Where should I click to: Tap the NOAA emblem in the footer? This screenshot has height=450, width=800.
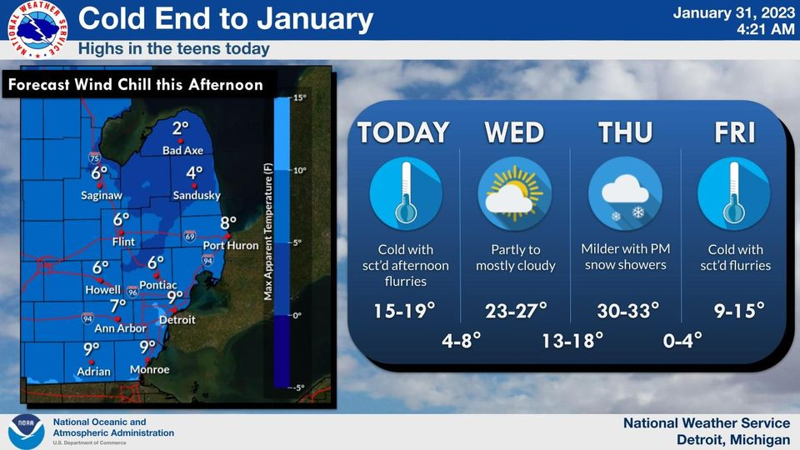25,432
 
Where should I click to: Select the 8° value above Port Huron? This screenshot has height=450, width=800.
228,223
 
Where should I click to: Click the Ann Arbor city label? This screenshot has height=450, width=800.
119,328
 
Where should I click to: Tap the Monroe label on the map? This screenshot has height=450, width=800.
150,370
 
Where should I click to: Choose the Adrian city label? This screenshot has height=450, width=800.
93,371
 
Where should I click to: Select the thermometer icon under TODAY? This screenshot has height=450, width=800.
406,194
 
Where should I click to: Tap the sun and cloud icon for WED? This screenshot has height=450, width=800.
515,194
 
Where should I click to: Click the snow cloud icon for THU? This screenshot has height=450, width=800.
625,194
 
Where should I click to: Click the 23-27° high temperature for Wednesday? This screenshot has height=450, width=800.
516,311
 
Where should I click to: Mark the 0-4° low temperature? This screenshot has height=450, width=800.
682,340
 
